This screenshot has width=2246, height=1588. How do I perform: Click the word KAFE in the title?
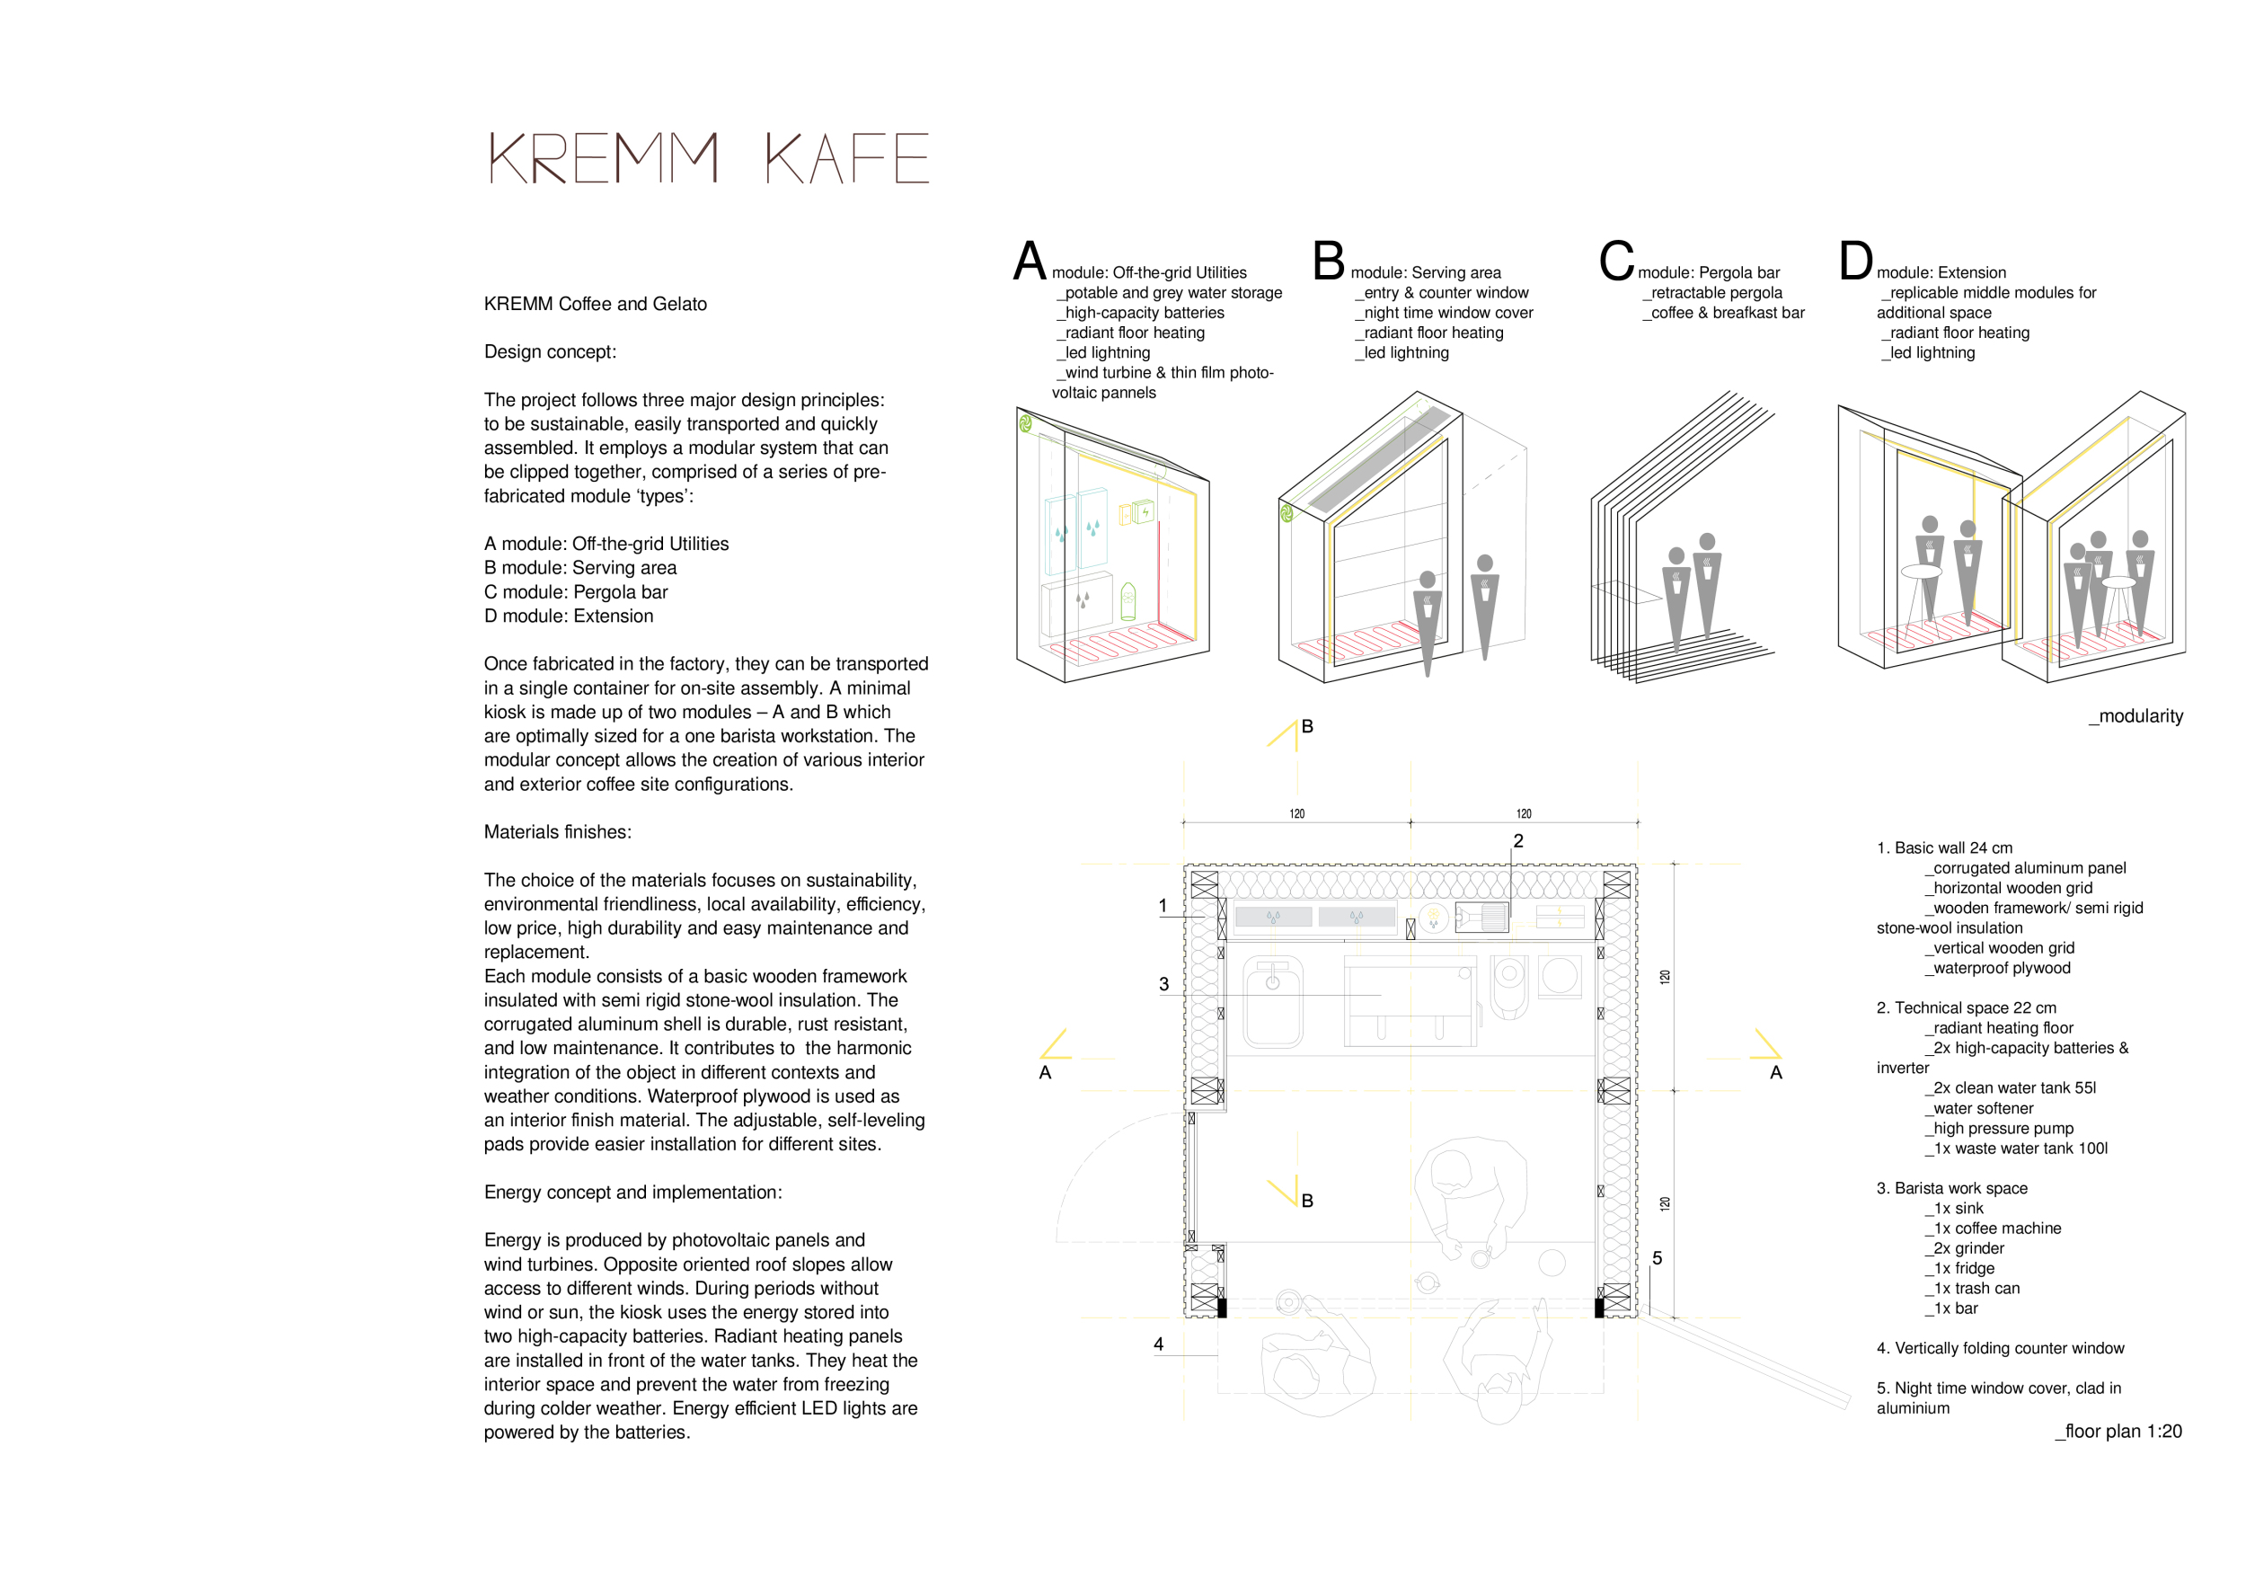846,158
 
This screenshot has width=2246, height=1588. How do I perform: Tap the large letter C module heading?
1616,262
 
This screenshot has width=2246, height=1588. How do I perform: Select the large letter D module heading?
1854,262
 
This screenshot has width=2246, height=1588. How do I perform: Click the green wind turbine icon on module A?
1025,423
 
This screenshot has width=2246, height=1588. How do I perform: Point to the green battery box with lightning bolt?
1144,510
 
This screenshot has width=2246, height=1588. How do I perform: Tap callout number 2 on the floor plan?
1518,840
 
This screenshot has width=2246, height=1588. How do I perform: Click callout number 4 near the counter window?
1158,1344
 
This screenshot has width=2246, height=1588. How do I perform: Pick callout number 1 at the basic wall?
1163,906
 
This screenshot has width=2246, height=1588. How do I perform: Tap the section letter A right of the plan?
1776,1072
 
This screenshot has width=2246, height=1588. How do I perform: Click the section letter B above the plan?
1307,727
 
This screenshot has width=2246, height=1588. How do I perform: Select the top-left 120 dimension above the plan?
1297,814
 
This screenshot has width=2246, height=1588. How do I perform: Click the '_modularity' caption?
2135,716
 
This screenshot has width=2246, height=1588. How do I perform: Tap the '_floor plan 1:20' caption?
2118,1432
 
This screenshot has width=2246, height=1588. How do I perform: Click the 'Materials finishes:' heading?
558,831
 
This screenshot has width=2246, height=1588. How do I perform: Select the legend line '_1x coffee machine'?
1996,1228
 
